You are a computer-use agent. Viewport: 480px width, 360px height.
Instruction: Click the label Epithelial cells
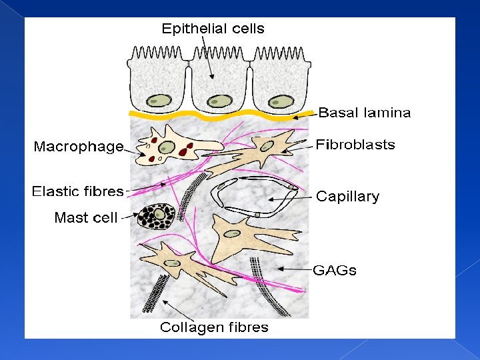point(213,29)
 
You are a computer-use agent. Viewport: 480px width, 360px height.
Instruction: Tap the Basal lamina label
point(364,113)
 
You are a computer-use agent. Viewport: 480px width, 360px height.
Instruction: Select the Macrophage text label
point(79,147)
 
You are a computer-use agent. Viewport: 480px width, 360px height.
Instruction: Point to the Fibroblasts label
point(355,145)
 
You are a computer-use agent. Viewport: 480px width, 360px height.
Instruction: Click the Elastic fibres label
point(78,192)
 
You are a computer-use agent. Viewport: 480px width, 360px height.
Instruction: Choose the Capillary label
point(347,197)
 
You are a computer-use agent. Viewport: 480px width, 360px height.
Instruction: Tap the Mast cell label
point(85,217)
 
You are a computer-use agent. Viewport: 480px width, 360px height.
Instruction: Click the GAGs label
point(335,271)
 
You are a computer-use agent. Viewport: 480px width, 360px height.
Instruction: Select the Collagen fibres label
point(214,327)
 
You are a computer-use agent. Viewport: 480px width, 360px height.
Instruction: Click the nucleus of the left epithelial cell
point(159,101)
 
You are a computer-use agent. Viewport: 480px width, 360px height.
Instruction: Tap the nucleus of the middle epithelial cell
point(219,101)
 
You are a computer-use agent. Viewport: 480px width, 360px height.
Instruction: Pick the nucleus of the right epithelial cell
point(281,101)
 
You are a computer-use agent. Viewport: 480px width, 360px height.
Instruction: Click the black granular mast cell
point(157,215)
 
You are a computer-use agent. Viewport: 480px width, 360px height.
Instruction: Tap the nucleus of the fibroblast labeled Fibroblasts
point(267,145)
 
